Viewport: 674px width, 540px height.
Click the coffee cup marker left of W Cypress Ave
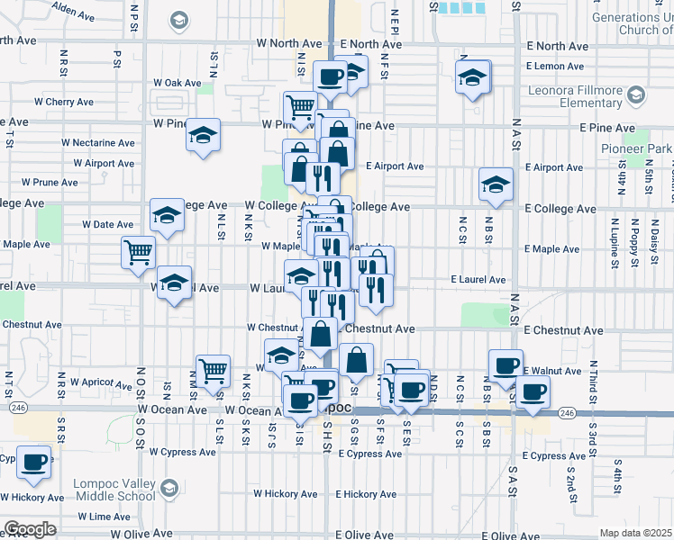tap(34, 462)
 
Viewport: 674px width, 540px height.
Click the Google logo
tap(31, 529)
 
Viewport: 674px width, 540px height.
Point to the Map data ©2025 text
tap(635, 533)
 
